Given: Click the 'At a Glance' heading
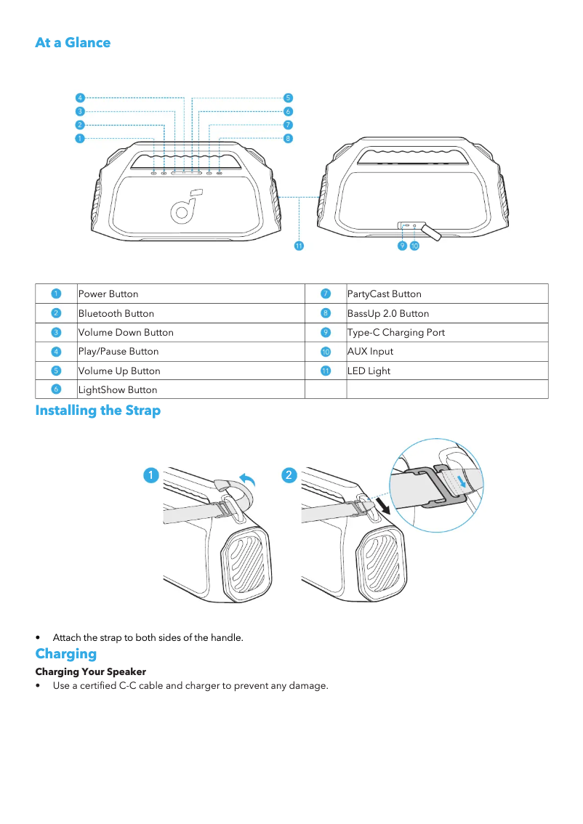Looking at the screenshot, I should (x=73, y=42).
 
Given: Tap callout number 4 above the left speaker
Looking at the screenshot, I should (x=80, y=97).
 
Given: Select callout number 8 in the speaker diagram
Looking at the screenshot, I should (x=288, y=138).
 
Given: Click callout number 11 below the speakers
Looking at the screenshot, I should (x=298, y=246).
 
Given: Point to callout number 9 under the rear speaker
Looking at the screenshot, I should (x=402, y=246).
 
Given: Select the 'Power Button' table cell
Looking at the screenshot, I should (x=108, y=294).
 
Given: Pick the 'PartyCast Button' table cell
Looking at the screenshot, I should (x=384, y=294).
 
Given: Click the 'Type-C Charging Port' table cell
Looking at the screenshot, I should (x=395, y=333).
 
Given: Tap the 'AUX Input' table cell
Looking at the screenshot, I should (x=370, y=352).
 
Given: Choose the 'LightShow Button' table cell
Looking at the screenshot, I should (x=117, y=390).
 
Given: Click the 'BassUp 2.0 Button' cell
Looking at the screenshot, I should (x=387, y=314).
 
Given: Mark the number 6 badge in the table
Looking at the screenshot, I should (x=56, y=389).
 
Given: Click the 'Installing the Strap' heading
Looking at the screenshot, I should (x=98, y=411).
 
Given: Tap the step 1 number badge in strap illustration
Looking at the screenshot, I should (x=150, y=474).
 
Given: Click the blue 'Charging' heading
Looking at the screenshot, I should (x=65, y=653).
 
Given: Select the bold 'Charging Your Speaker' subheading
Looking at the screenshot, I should (x=91, y=671).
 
